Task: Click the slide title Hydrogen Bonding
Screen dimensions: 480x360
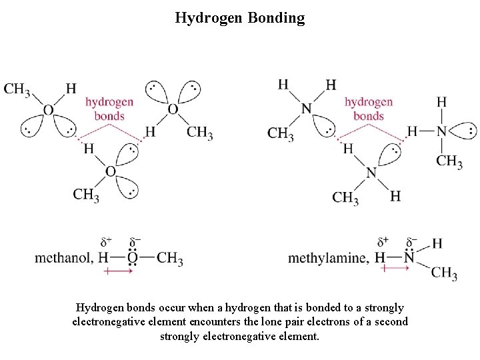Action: click(x=239, y=18)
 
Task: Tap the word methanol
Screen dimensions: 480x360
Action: click(x=63, y=258)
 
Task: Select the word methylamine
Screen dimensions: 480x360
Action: click(x=327, y=258)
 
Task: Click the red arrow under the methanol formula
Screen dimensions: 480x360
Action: click(x=118, y=271)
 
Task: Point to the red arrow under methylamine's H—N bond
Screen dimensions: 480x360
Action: click(x=395, y=268)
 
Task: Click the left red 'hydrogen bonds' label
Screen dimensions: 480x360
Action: click(x=109, y=109)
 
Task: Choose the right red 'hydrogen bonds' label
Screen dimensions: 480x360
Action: click(x=368, y=109)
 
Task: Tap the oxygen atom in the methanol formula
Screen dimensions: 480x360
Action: click(x=132, y=258)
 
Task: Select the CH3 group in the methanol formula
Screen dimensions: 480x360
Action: click(x=170, y=259)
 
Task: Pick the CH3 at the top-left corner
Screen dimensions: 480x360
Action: click(x=17, y=89)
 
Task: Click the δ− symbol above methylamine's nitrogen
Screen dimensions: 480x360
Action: click(x=412, y=240)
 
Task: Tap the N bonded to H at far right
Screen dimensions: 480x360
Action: click(x=442, y=131)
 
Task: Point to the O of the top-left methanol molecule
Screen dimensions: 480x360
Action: click(x=48, y=110)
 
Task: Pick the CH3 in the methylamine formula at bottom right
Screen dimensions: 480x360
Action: click(x=444, y=273)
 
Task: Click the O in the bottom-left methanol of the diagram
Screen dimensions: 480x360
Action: click(x=110, y=171)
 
